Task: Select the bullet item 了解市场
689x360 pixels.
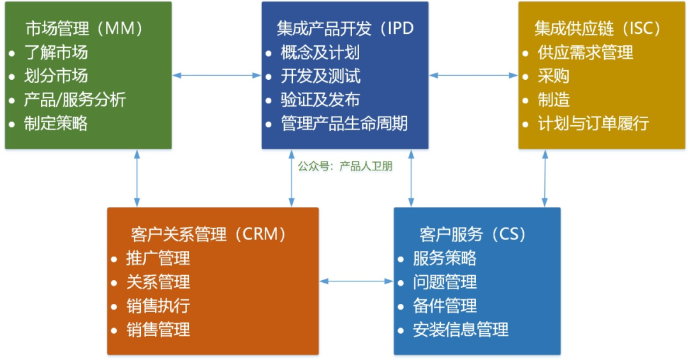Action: [56, 52]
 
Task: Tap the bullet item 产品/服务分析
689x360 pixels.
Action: [75, 100]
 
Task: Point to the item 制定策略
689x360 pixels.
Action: [56, 123]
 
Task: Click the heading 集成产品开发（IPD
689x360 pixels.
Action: [341, 29]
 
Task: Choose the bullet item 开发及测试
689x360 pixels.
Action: [320, 76]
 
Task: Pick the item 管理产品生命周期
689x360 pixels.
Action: [344, 123]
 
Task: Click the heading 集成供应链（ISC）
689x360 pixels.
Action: [598, 29]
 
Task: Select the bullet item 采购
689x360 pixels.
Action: [553, 76]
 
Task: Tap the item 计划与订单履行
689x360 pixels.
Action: [593, 123]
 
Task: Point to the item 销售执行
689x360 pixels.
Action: [158, 306]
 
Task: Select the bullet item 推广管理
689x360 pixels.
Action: [158, 259]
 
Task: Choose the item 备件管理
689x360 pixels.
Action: [445, 306]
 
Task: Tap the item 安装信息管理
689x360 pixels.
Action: [461, 329]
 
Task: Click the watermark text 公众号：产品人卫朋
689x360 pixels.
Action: [345, 167]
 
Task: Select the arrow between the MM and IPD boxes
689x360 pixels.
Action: [217, 75]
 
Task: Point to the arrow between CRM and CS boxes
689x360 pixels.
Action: [356, 281]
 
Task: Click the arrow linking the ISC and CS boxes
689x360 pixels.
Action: [545, 178]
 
